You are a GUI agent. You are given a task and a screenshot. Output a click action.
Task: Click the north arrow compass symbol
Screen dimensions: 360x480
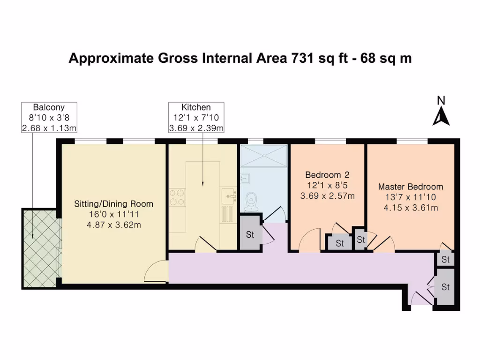pos(441,117)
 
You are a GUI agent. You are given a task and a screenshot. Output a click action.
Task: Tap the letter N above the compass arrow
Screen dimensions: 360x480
pos(441,100)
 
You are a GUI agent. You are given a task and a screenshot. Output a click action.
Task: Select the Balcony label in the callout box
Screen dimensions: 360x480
pos(48,107)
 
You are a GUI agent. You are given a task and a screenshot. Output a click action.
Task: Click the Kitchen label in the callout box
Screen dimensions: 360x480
pos(196,107)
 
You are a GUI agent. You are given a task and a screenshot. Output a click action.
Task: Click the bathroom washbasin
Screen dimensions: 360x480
pos(244,178)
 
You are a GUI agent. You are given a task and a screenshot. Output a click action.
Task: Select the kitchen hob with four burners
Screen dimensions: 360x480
pos(177,197)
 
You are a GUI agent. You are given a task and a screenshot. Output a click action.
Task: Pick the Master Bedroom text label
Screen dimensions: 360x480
pos(411,187)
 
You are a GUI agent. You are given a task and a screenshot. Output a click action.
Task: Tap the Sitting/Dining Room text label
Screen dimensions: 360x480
pos(114,204)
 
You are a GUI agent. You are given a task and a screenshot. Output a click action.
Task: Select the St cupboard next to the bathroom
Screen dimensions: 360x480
pos(250,234)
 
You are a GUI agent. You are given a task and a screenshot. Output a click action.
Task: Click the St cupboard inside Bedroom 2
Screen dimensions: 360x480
pos(339,243)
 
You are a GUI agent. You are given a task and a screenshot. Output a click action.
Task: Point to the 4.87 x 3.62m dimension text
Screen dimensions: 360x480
pos(114,225)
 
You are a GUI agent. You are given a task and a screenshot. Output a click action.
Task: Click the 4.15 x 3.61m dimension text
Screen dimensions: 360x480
pos(411,208)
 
